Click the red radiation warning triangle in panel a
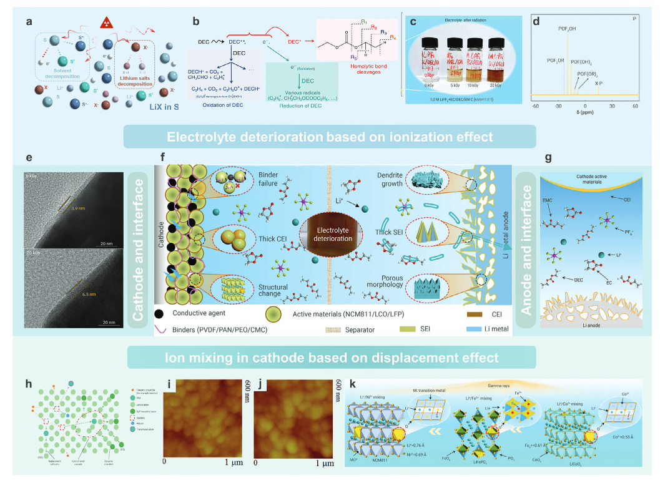[x=107, y=26]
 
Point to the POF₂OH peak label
[x=566, y=29]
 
